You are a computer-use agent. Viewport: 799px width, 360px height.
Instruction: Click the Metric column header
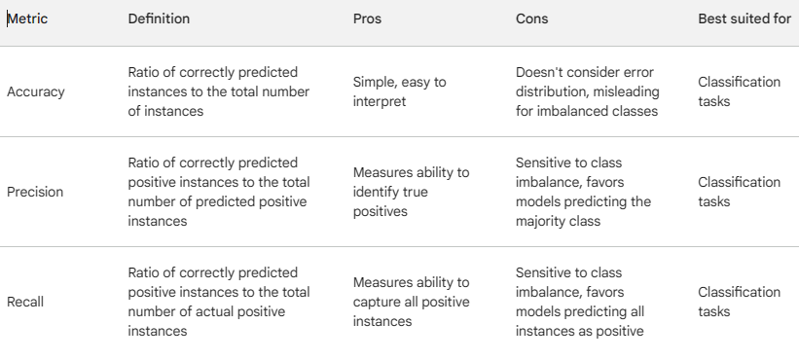click(x=28, y=18)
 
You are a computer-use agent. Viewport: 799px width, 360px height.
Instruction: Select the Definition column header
click(x=159, y=18)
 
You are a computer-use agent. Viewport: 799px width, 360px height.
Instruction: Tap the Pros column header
click(x=367, y=18)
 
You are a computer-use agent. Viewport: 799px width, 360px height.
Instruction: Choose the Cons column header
click(x=531, y=18)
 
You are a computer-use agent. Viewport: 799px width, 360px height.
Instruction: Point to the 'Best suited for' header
click(x=744, y=18)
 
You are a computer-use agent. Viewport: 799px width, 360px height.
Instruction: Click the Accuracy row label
click(x=35, y=91)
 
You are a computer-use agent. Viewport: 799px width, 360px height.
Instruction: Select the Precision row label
click(x=35, y=192)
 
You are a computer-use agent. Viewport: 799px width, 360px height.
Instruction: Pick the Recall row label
click(x=25, y=302)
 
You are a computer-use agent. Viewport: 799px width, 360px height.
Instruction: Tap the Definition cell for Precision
click(x=219, y=192)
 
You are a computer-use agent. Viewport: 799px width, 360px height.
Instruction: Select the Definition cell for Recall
click(x=219, y=302)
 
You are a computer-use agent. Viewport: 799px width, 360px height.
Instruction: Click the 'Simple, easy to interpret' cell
click(x=399, y=91)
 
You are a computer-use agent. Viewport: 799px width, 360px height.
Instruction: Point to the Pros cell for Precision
click(x=411, y=192)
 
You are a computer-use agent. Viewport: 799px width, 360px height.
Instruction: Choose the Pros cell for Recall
click(x=411, y=302)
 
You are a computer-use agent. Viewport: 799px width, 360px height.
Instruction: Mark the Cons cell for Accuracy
click(x=587, y=91)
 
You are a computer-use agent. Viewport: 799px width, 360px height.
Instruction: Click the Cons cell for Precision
click(x=583, y=192)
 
